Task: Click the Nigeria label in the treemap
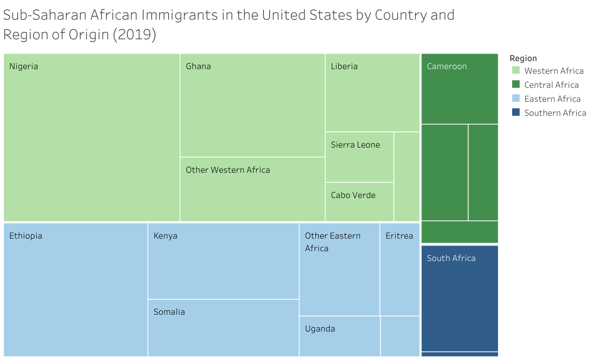pos(24,66)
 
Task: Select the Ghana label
pos(198,66)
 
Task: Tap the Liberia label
pos(344,66)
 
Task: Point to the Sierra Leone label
pos(355,145)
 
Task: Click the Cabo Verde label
pos(353,195)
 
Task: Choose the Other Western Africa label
pos(228,170)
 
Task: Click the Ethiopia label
pos(26,236)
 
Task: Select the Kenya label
pos(165,236)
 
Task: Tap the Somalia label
pos(169,312)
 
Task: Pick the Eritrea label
pos(399,236)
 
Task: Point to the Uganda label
pos(320,329)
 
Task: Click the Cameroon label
pos(447,66)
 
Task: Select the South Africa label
pos(451,258)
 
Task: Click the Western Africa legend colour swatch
pos(516,71)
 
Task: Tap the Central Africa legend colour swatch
pos(516,85)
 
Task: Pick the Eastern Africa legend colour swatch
pos(516,99)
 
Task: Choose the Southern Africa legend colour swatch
pos(516,113)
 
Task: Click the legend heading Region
pos(523,58)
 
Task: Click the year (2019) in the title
pos(135,35)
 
